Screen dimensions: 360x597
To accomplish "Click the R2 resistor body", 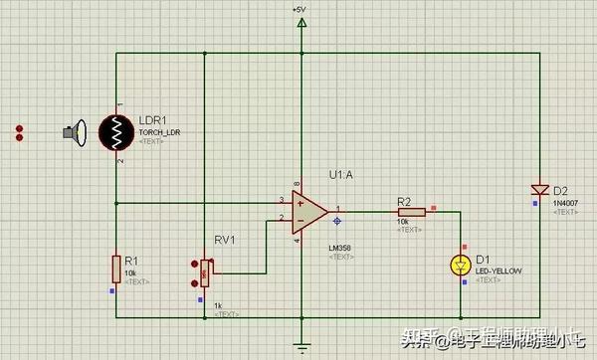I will [410, 211].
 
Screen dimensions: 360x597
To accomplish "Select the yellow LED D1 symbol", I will [460, 266].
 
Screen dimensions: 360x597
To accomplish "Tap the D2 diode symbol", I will [539, 189].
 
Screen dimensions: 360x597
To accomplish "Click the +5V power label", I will [299, 9].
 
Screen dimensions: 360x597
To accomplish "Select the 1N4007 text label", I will [565, 202].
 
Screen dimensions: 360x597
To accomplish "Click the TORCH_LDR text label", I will [160, 132].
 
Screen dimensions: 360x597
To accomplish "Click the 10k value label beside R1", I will [130, 271].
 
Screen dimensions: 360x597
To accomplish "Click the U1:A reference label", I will [341, 174].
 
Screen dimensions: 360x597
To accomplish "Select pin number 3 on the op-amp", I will [282, 200].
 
